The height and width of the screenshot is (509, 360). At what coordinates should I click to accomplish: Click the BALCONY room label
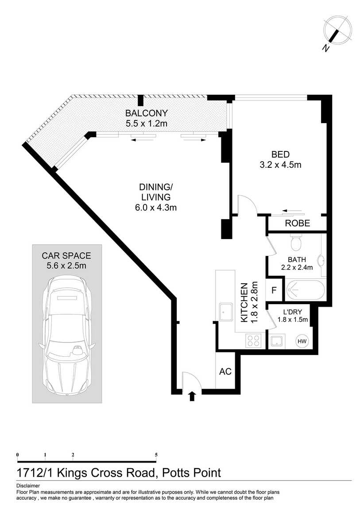147,113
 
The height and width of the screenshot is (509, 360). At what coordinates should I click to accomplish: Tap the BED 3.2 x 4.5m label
280,159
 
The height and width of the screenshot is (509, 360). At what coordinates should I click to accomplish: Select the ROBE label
298,223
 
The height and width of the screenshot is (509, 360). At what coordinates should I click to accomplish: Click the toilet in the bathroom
296,242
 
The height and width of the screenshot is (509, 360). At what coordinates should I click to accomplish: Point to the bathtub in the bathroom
305,290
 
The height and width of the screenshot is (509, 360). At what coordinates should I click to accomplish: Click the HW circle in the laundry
302,341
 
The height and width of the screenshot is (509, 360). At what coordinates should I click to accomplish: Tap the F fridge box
274,290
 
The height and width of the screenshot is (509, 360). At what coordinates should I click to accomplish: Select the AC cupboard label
225,371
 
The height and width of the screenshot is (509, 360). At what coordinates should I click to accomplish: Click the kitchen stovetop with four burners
253,340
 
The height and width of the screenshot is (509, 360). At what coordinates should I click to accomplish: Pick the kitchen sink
225,312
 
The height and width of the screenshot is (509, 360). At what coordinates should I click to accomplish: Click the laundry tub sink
277,341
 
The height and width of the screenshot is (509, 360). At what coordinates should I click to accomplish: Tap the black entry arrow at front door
192,396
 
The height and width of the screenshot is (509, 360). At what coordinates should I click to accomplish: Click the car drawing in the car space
66,336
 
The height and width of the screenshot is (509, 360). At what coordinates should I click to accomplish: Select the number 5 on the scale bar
156,455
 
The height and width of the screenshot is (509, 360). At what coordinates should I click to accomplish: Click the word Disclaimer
28,486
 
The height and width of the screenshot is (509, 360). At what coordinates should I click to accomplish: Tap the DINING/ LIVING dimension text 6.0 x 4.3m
156,208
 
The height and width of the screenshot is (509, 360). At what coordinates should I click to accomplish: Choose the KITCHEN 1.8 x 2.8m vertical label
249,303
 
